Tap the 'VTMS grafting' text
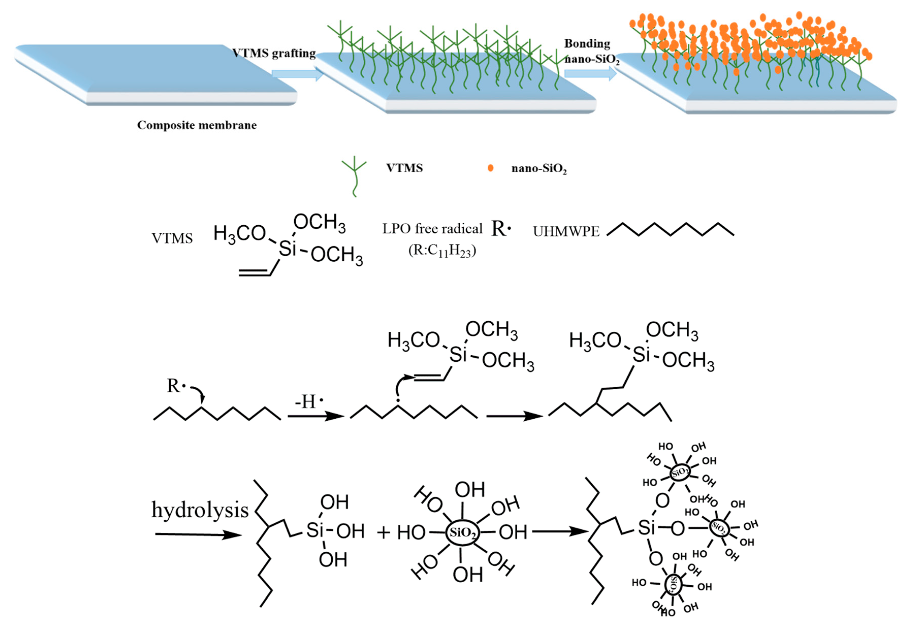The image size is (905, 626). pyautogui.click(x=274, y=53)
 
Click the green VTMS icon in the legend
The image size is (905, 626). pyautogui.click(x=354, y=175)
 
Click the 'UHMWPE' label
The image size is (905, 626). pyautogui.click(x=566, y=232)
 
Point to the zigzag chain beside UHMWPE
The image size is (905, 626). pyautogui.click(x=670, y=229)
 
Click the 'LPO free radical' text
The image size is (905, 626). pyautogui.click(x=432, y=229)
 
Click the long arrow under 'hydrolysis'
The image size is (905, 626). pyautogui.click(x=198, y=535)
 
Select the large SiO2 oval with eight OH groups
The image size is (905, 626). pyautogui.click(x=462, y=532)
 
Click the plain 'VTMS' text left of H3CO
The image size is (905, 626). pyautogui.click(x=172, y=238)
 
